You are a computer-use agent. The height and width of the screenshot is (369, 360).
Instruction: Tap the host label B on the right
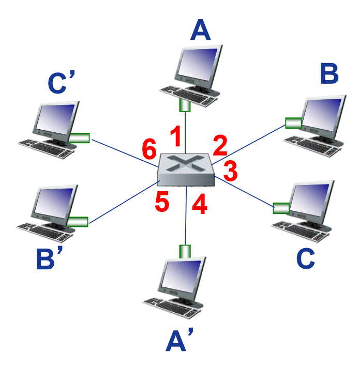[x=329, y=74]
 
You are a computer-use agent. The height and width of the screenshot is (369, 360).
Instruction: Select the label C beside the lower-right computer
[x=306, y=258]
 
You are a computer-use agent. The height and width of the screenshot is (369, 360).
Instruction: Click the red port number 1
[x=175, y=137]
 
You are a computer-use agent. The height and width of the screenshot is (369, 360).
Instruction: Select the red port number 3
[x=230, y=170]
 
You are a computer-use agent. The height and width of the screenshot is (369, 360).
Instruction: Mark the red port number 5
[x=162, y=202]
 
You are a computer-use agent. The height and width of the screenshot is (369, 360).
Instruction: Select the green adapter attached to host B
[x=293, y=123]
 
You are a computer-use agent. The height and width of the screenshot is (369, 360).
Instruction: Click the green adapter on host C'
[x=80, y=137]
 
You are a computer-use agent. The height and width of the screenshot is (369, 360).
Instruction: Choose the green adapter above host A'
[x=185, y=251]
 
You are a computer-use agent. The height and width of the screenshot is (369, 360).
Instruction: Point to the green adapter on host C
[x=281, y=208]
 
